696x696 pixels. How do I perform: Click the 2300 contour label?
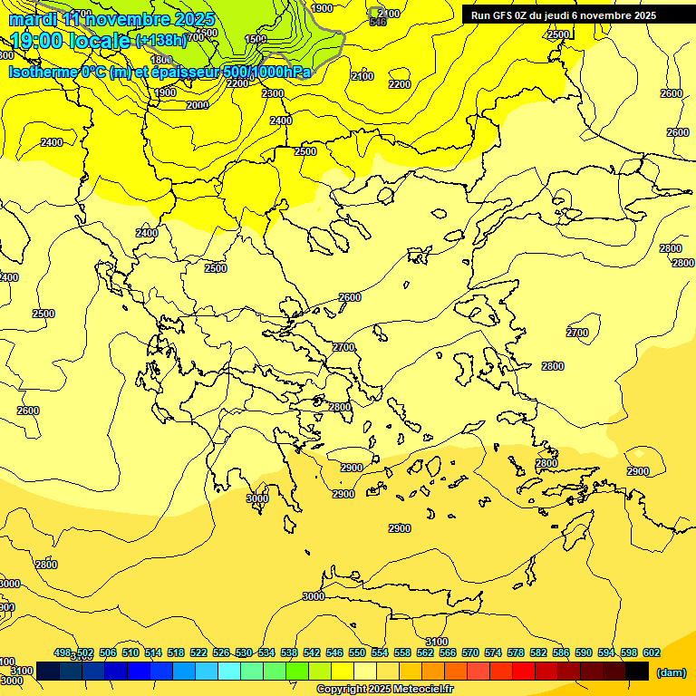(272, 93)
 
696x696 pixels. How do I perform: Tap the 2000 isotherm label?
(197, 105)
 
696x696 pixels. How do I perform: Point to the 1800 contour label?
(161, 61)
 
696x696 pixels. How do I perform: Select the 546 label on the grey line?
(378, 22)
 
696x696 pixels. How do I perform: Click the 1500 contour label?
(256, 39)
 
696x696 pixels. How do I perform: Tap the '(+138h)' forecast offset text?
(160, 40)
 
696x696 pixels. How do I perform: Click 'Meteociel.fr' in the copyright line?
(419, 690)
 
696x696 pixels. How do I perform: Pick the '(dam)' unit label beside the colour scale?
(671, 672)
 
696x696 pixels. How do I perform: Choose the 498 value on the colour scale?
(63, 652)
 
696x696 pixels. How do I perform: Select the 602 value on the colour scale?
(651, 652)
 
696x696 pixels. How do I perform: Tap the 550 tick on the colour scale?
(356, 652)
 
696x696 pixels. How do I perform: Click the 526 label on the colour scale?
(221, 652)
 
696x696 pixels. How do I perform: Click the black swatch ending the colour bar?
(637, 671)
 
